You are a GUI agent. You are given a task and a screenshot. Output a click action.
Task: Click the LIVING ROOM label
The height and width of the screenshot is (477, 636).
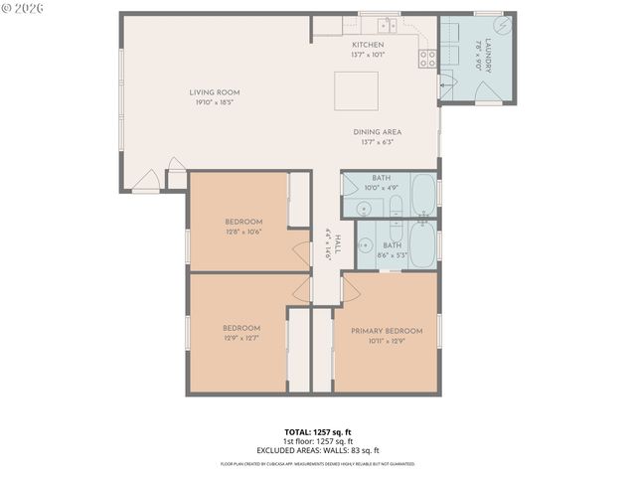pos(215,92)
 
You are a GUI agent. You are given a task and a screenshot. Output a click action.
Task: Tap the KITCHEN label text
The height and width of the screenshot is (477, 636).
pos(368,45)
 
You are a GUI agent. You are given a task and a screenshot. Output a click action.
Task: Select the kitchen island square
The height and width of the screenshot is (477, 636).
pos(355,90)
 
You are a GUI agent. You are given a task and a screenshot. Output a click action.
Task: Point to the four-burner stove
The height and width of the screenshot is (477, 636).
pos(427,59)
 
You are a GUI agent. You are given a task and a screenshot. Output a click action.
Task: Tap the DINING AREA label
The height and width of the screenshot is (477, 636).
pos(374,132)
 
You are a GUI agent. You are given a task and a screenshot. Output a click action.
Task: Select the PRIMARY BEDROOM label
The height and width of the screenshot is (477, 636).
pos(387,331)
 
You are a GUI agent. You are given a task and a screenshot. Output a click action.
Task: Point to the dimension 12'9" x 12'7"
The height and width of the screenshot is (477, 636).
pos(241,338)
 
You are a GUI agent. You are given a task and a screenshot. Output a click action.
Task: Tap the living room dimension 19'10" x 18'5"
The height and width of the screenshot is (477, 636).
pos(215,102)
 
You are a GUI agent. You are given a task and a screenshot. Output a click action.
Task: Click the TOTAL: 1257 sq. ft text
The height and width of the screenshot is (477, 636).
pos(318,432)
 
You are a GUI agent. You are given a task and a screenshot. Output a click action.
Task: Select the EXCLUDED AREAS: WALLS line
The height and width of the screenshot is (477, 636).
pos(318,450)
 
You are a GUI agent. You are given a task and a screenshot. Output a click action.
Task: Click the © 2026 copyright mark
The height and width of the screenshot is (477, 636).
pos(22,8)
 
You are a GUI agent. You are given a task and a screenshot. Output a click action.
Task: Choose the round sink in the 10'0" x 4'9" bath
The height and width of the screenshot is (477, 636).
pos(364,208)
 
